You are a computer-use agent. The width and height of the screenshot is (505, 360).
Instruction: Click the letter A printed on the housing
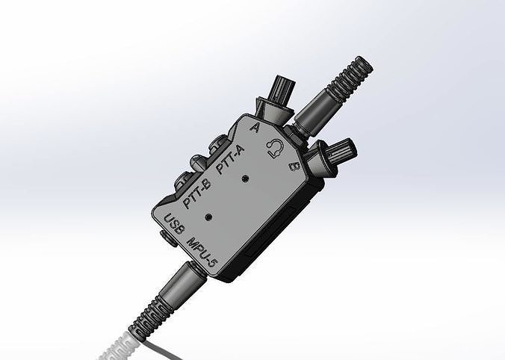coord(256,128)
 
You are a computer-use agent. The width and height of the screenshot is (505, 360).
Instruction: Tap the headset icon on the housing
coord(274,149)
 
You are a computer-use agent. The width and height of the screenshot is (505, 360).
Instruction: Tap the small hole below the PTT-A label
coord(246,180)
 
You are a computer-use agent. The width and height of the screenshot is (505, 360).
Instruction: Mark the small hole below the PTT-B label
coord(210,216)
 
